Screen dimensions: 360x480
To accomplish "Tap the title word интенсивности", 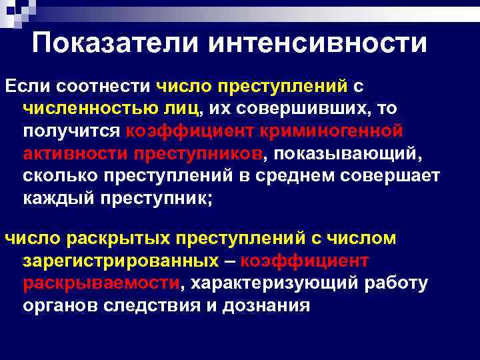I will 318,43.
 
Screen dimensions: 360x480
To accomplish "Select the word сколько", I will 58,177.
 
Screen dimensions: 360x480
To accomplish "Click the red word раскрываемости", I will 101,283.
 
